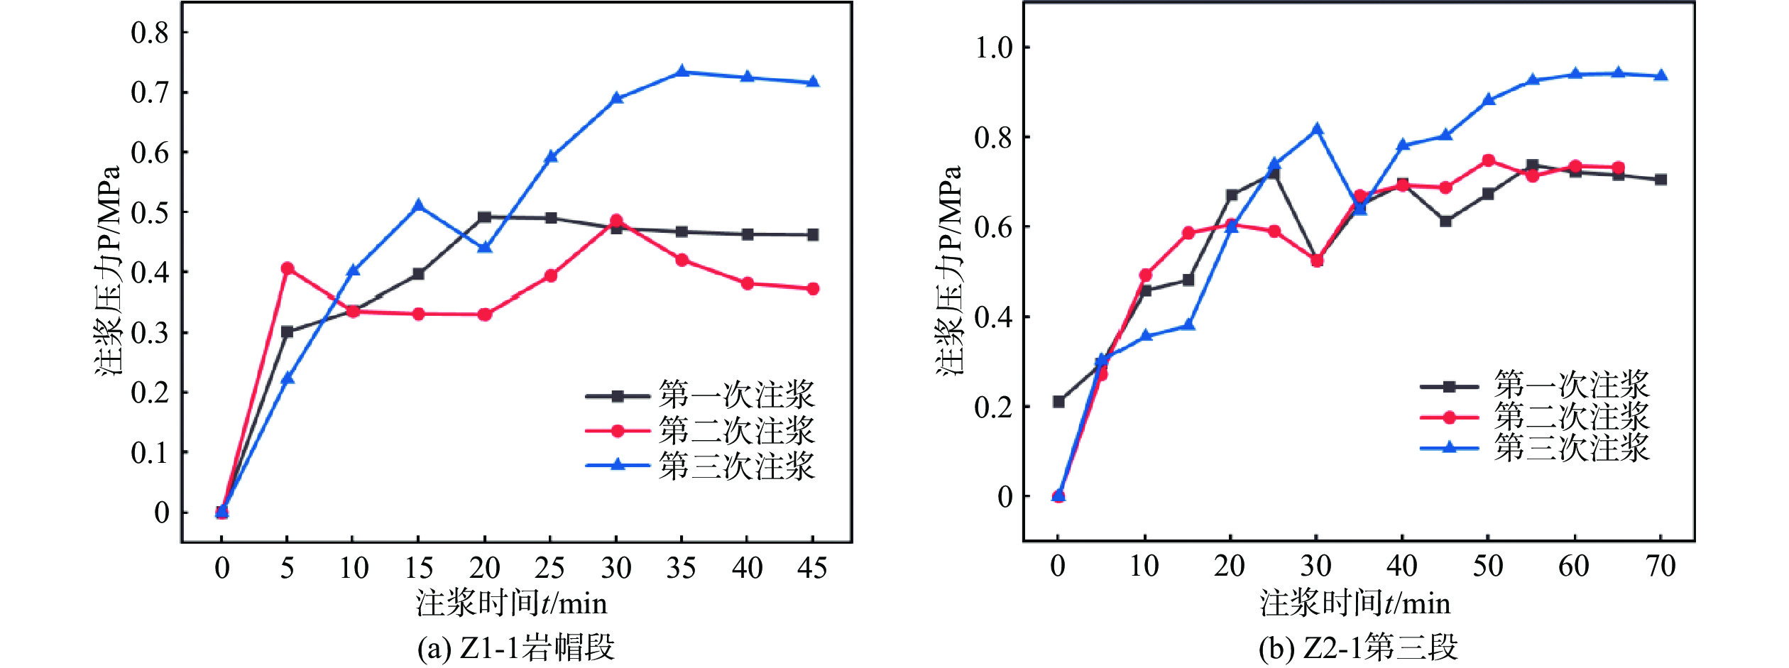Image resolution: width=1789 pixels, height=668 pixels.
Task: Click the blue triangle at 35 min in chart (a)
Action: [x=682, y=72]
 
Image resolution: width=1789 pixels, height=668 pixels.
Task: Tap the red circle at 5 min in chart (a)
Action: [x=288, y=268]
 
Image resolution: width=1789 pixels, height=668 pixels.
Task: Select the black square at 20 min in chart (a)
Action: [x=484, y=217]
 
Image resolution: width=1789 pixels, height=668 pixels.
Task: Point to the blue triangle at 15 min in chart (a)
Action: [x=419, y=206]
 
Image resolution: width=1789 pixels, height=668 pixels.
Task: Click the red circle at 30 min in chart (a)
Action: [x=616, y=221]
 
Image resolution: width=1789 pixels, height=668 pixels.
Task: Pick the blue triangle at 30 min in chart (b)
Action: [x=1317, y=129]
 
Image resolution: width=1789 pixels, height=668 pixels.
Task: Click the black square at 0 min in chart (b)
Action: [x=1058, y=402]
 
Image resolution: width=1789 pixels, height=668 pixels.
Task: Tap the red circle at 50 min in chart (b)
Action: [x=1489, y=160]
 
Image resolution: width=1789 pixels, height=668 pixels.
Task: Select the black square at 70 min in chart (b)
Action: [x=1661, y=180]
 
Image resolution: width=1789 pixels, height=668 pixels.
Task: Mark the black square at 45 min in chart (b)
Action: [x=1445, y=221]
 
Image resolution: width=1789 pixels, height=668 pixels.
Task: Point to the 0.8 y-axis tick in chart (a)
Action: [x=150, y=33]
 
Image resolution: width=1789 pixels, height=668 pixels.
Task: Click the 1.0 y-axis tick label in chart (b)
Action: [x=993, y=48]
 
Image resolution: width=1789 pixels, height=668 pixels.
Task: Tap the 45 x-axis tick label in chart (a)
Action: [x=812, y=568]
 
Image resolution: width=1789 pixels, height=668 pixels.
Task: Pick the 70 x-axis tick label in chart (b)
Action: [x=1661, y=566]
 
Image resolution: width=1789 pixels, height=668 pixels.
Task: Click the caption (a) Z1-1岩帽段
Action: [x=515, y=647]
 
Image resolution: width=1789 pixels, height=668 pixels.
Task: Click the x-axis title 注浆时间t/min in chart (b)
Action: [x=1355, y=603]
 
